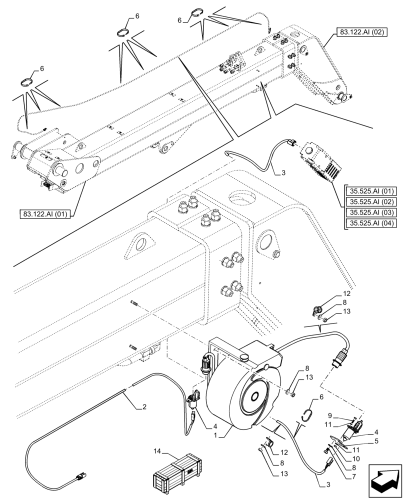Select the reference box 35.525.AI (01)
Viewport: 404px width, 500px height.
pos(372,191)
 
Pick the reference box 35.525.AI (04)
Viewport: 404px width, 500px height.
pos(372,223)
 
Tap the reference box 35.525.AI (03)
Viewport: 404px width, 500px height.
pos(372,213)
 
